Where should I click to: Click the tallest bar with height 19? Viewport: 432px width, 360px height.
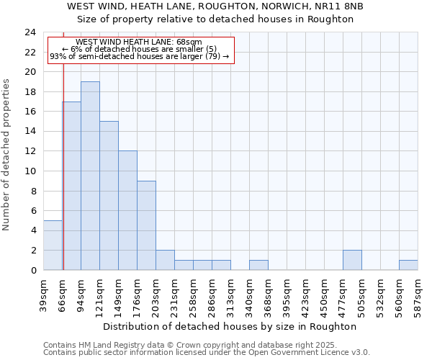point(90,176)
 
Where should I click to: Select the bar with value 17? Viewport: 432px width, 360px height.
point(71,186)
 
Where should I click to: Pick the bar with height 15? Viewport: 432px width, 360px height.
point(109,195)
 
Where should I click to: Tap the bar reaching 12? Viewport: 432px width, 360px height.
point(127,210)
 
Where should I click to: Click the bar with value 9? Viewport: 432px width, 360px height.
point(146,225)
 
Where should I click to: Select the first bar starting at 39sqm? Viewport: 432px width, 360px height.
point(53,245)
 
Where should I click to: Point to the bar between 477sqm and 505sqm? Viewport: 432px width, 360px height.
point(352,260)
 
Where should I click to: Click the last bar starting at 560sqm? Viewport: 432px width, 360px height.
point(408,265)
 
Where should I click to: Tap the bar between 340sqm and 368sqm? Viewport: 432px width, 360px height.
point(258,265)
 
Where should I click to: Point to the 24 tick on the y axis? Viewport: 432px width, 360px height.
point(30,32)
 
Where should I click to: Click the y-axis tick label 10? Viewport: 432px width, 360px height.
point(30,171)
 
